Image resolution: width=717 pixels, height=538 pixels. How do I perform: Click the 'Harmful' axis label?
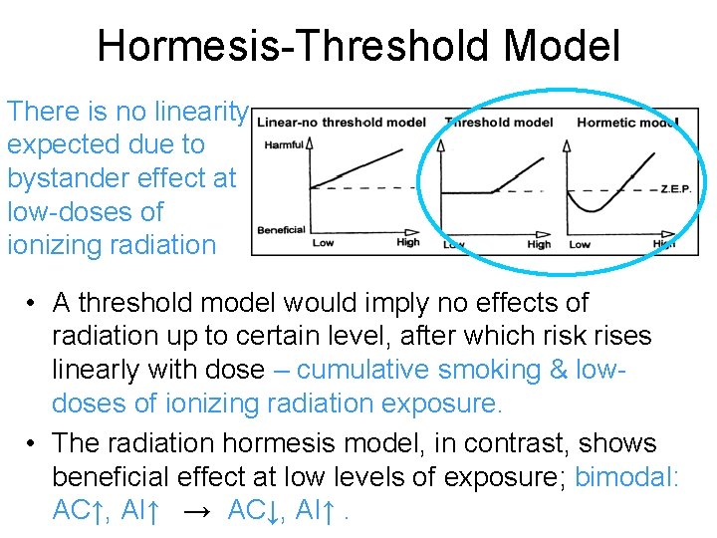pyautogui.click(x=284, y=145)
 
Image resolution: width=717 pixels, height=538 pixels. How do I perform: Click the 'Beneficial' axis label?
pyautogui.click(x=281, y=229)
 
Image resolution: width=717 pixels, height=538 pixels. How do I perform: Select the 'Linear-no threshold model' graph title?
pyautogui.click(x=341, y=123)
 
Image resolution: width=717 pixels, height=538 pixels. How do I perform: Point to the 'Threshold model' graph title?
pyautogui.click(x=498, y=123)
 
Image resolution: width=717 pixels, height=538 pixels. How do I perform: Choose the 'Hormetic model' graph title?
pyautogui.click(x=622, y=123)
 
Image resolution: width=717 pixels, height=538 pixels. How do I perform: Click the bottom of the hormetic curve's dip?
pyautogui.click(x=595, y=210)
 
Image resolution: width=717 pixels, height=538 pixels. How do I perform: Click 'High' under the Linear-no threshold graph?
pyautogui.click(x=408, y=243)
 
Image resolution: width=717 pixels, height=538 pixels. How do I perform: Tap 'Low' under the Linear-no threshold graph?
pyautogui.click(x=323, y=243)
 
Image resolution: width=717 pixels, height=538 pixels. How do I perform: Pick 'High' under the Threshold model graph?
pyautogui.click(x=539, y=244)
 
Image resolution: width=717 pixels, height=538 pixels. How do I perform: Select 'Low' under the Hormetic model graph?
pyautogui.click(x=580, y=244)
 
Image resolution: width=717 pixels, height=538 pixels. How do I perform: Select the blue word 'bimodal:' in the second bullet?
pyautogui.click(x=627, y=476)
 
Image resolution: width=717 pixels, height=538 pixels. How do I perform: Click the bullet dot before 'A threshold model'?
pyautogui.click(x=33, y=303)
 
